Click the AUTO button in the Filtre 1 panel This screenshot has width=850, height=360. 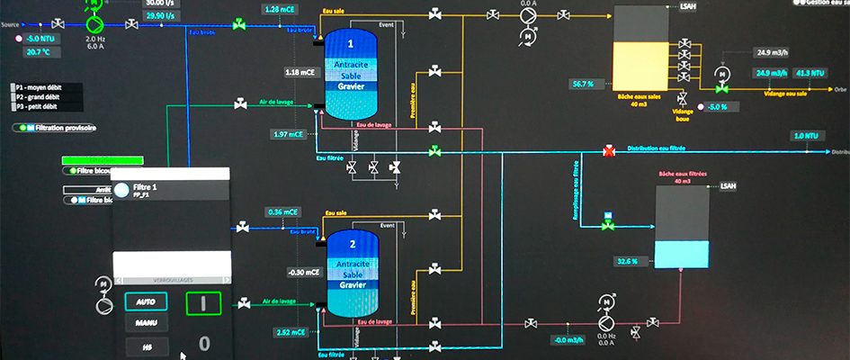point(145,301)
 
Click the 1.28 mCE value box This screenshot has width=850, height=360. point(282,9)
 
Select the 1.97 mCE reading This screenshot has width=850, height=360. point(289,134)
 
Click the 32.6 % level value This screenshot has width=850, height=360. point(626,261)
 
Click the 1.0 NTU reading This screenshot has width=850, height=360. point(806,136)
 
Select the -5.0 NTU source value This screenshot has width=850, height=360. point(42,39)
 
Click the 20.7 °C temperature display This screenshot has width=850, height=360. point(39,52)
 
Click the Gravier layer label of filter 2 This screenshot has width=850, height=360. point(353,285)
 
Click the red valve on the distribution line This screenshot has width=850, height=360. point(608,151)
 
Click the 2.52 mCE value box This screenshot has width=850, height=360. point(289,333)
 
